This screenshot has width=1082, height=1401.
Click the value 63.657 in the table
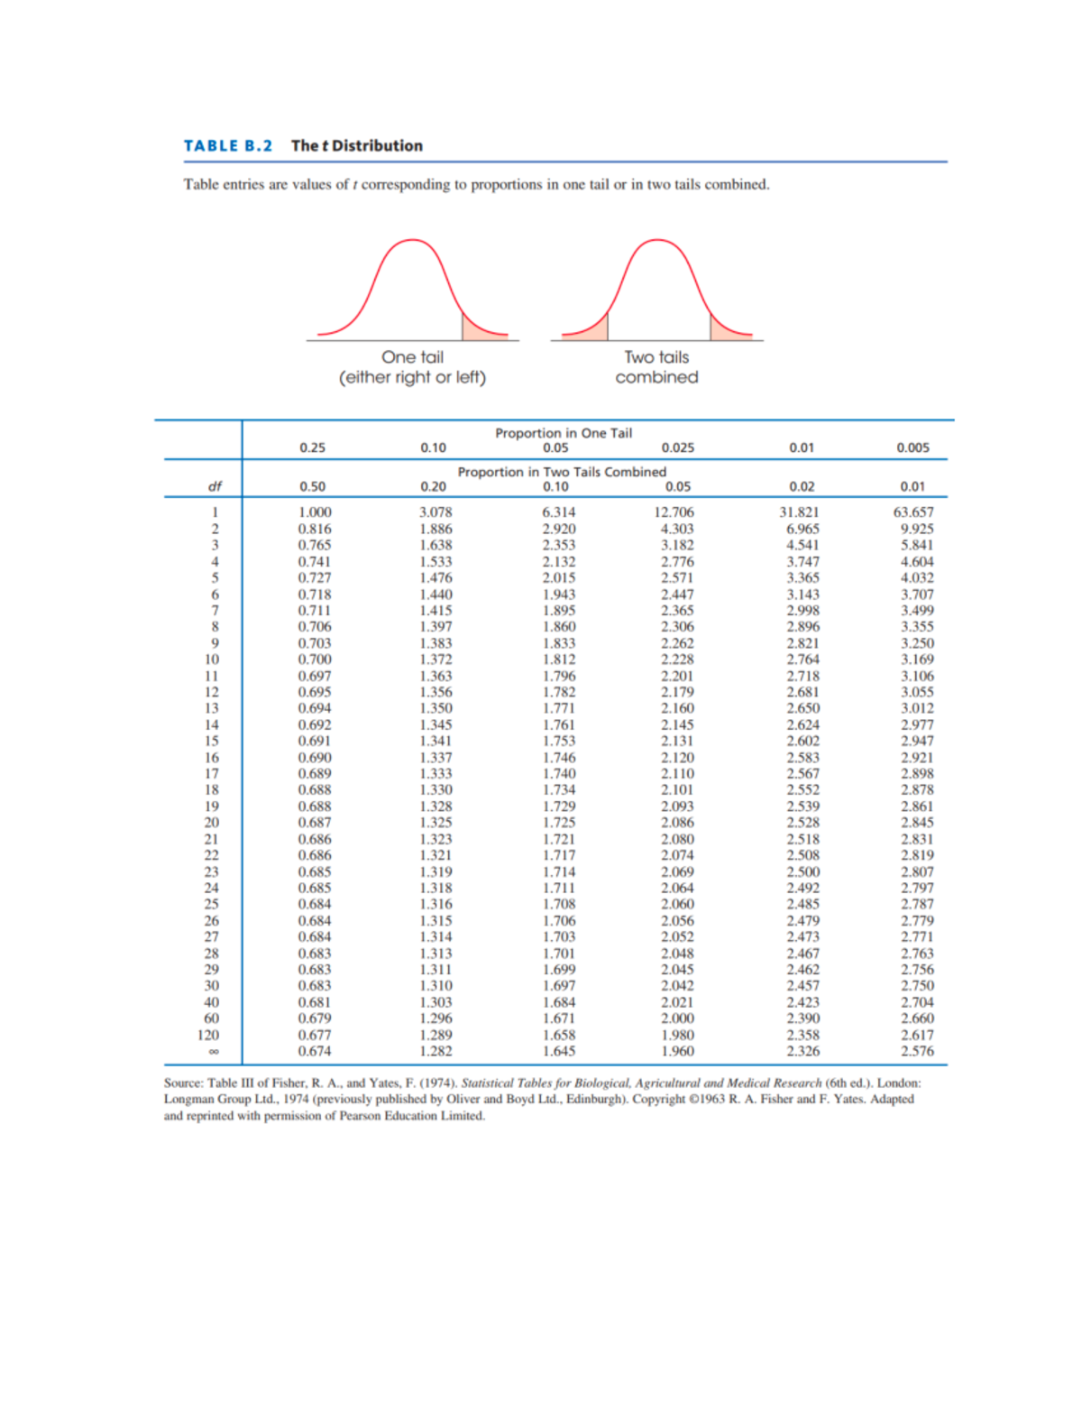tap(913, 512)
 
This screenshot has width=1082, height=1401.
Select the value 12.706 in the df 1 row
tap(674, 512)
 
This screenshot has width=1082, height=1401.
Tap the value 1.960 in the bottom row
tap(677, 1051)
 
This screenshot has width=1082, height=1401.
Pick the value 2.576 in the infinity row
tap(917, 1051)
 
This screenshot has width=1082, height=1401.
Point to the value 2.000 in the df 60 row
tap(677, 1018)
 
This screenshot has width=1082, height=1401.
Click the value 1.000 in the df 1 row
tap(315, 512)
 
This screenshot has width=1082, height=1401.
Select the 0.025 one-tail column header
tap(677, 447)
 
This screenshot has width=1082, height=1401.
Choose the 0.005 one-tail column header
tap(912, 447)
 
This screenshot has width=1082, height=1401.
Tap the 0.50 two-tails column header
tap(312, 486)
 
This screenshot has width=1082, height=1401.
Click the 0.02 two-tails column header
tap(802, 486)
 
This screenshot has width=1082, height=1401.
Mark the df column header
tap(215, 486)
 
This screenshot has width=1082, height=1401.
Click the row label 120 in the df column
tap(208, 1035)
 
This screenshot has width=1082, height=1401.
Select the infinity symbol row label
tap(214, 1052)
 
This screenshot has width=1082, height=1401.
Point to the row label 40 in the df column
tap(211, 1002)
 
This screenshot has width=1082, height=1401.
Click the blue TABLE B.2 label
tap(227, 146)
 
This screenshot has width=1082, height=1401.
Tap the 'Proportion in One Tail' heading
tap(564, 433)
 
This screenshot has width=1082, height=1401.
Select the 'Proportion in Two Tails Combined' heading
tap(562, 472)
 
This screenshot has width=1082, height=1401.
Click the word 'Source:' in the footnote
tap(183, 1083)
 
